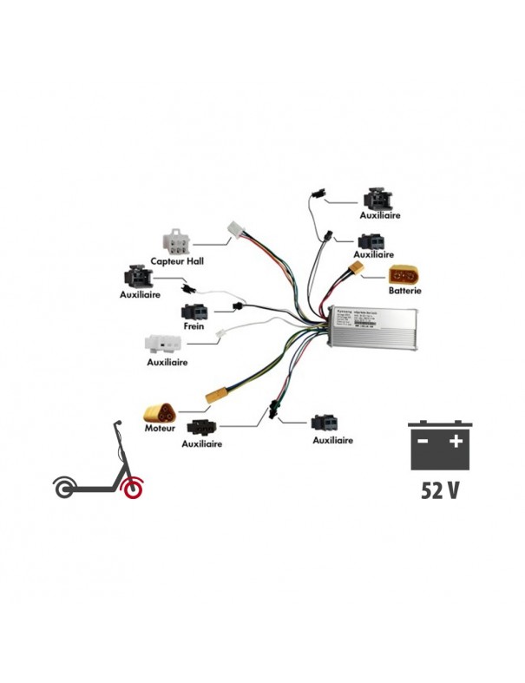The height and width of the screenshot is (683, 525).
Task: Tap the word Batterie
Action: (x=405, y=292)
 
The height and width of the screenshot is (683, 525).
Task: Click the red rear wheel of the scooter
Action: (x=131, y=489)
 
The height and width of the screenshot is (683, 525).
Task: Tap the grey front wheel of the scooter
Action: (x=64, y=489)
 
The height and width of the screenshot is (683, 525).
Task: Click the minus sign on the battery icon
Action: (x=423, y=441)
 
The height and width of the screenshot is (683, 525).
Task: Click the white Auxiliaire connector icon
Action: (x=164, y=343)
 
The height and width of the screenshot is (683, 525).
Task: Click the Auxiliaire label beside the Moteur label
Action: (x=201, y=443)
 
